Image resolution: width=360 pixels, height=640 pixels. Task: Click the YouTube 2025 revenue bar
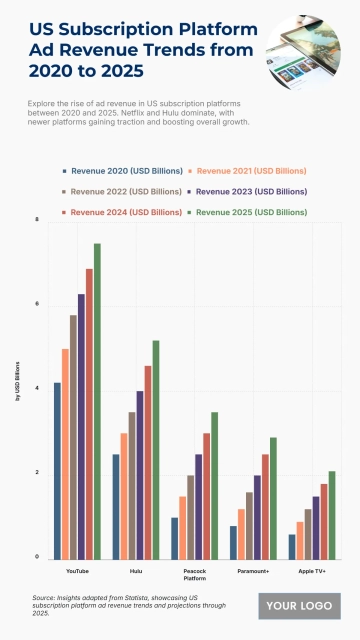click(97, 401)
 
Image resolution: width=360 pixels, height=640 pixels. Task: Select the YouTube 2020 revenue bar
click(58, 470)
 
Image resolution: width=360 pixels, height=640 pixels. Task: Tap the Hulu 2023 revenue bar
click(140, 475)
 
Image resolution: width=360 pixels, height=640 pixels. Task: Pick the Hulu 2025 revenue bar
click(156, 449)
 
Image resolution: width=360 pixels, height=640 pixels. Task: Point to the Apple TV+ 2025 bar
click(332, 514)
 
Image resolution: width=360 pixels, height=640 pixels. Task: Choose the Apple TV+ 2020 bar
click(292, 546)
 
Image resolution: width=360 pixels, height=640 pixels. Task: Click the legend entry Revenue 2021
click(249, 171)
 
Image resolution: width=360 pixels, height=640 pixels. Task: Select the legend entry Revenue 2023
click(249, 191)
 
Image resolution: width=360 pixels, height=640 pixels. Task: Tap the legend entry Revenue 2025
click(249, 212)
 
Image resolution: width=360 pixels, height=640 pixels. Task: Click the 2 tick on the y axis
click(37, 473)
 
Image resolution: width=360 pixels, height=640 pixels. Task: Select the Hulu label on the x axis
click(136, 569)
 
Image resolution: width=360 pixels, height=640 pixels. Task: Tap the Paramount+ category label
click(253, 569)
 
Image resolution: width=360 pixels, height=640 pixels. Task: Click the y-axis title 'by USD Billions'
click(17, 389)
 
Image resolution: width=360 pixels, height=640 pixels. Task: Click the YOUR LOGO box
click(298, 605)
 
